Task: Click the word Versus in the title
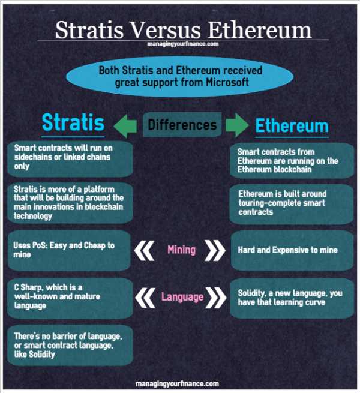[166, 30]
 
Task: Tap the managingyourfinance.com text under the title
[183, 44]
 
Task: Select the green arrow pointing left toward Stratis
[125, 126]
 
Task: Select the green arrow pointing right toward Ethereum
[237, 125]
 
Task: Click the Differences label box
[182, 125]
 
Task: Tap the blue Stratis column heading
[73, 122]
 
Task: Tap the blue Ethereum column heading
[292, 125]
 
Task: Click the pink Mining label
[182, 250]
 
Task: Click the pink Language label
[182, 297]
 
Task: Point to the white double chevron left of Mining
[144, 250]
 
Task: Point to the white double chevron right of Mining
[215, 250]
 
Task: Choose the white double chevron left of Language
[145, 298]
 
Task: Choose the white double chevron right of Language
[216, 298]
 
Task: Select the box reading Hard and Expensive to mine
[292, 250]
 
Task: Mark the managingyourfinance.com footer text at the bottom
[177, 384]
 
